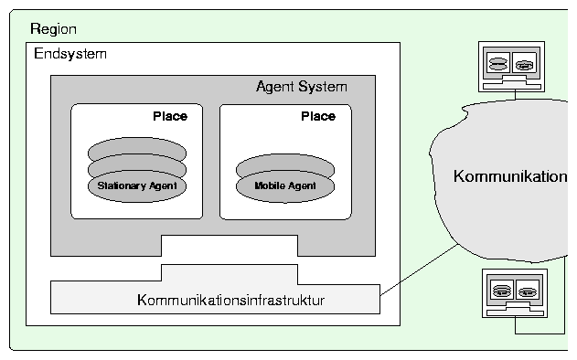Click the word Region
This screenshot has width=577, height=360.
click(53, 29)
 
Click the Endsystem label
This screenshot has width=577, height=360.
click(70, 54)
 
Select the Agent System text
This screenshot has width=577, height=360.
click(302, 87)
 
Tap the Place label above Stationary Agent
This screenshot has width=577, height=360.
click(170, 116)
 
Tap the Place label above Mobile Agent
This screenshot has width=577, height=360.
click(318, 116)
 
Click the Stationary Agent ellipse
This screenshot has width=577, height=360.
click(137, 186)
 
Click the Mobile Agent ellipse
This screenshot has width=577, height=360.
click(285, 186)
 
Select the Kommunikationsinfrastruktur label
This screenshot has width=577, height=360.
click(230, 300)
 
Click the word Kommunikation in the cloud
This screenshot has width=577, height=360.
click(510, 176)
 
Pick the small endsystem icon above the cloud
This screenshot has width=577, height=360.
click(511, 67)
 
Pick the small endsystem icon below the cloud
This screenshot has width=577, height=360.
click(515, 293)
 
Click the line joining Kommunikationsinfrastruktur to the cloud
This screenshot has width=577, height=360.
click(419, 270)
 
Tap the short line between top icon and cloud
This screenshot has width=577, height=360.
click(515, 96)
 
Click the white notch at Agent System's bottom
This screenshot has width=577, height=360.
click(230, 245)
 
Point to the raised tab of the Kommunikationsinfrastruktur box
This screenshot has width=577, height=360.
click(230, 273)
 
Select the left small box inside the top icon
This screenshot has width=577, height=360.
click(498, 63)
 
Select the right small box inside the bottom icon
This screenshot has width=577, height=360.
click(528, 291)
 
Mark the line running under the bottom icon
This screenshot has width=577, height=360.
click(540, 334)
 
